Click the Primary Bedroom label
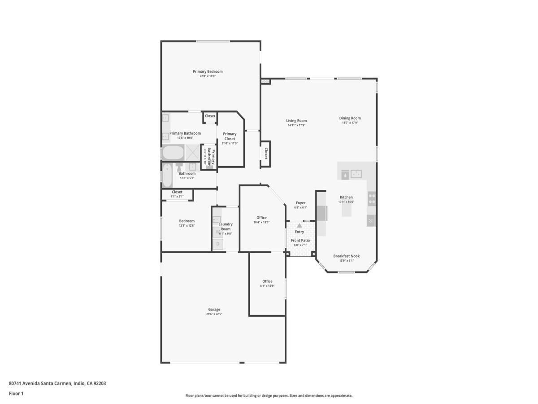(208, 71)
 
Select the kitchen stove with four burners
(372, 198)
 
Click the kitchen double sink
(356, 173)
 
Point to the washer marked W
(217, 232)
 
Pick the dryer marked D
(218, 244)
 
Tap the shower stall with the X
(193, 153)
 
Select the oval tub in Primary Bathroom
(173, 153)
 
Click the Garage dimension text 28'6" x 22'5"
(214, 314)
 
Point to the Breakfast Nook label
(346, 256)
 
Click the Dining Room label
(350, 118)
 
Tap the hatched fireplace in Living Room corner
(266, 81)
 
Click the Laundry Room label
(226, 227)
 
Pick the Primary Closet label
(230, 136)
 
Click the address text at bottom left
(57, 383)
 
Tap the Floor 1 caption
(16, 394)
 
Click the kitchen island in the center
(347, 211)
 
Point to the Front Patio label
(300, 240)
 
